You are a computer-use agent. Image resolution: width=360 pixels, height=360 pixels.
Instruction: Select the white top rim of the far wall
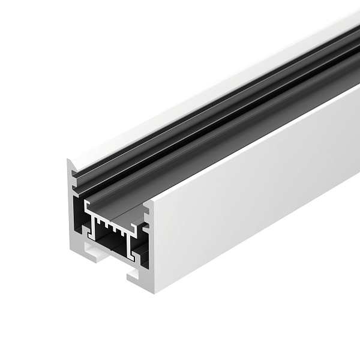(210, 90)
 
